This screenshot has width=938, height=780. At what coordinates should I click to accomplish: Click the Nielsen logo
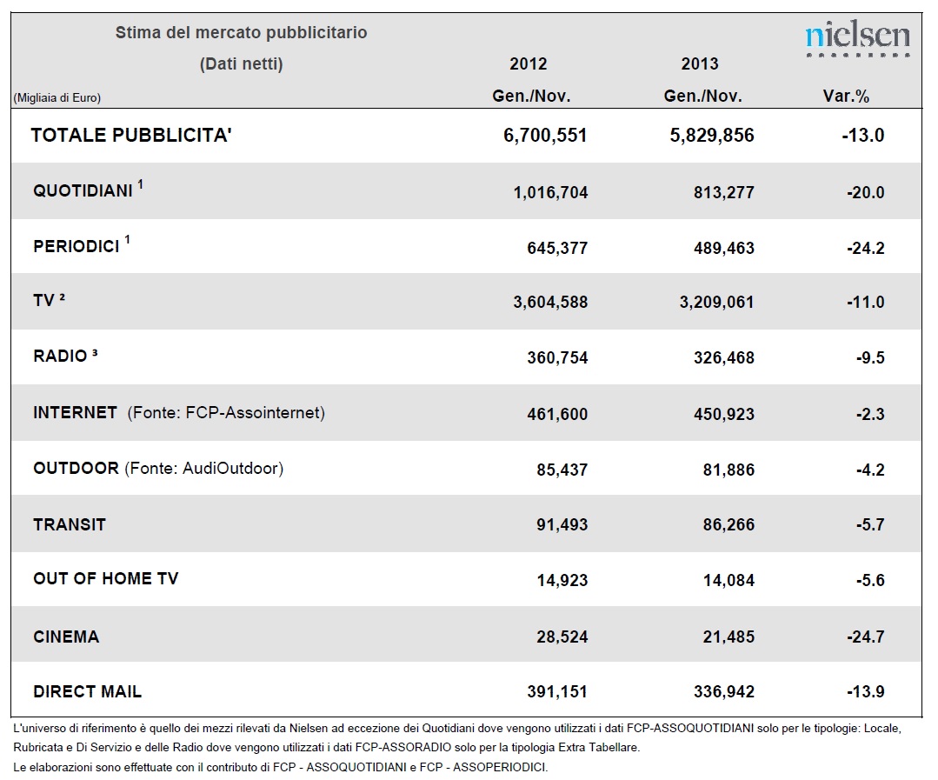click(x=858, y=39)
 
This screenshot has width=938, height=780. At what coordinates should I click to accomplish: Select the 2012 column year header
click(x=529, y=64)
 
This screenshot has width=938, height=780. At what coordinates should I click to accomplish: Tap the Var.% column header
click(x=846, y=97)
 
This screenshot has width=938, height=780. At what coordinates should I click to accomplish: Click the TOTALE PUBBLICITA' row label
click(x=131, y=135)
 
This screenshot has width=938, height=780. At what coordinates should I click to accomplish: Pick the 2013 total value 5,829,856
click(x=712, y=135)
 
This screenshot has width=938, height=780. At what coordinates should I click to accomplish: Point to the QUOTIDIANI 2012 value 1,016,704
click(x=550, y=192)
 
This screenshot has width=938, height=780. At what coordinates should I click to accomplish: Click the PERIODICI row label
click(x=77, y=246)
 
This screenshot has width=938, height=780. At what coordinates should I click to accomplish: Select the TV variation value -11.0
click(x=865, y=302)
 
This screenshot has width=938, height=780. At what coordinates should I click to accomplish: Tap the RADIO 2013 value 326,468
click(x=724, y=357)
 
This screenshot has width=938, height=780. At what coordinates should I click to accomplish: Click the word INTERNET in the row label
click(x=76, y=413)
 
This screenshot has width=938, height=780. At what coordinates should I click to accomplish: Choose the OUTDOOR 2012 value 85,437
click(x=562, y=470)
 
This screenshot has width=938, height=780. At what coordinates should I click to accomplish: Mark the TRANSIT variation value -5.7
click(x=870, y=524)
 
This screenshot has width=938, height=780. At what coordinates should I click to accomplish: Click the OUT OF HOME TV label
click(x=106, y=578)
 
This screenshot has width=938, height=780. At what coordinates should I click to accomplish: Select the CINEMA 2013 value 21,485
click(x=728, y=637)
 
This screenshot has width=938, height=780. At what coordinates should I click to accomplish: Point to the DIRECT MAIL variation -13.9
click(x=865, y=691)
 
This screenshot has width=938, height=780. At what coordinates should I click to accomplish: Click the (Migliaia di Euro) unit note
click(x=57, y=98)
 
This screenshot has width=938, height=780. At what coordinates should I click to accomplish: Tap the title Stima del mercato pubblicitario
click(x=241, y=32)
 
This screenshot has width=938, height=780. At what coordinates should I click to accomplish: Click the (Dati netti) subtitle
click(x=241, y=64)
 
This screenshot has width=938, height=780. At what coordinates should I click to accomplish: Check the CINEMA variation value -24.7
click(x=865, y=637)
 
